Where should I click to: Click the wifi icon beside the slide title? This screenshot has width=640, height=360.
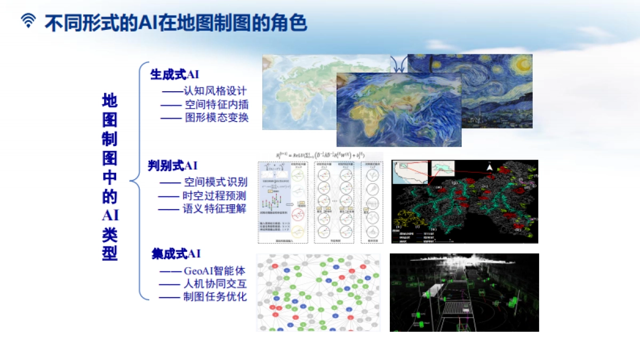tap(28, 21)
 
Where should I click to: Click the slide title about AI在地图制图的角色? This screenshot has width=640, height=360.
tap(175, 22)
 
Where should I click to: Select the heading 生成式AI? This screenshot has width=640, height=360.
tap(174, 75)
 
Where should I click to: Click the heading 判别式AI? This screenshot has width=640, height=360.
tap(172, 166)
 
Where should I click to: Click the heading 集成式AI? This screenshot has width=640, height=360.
tap(176, 254)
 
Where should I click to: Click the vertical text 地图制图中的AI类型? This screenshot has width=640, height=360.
tap(109, 177)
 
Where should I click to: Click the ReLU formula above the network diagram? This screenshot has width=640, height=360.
tap(320, 155)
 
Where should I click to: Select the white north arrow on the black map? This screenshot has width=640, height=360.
tap(489, 168)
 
